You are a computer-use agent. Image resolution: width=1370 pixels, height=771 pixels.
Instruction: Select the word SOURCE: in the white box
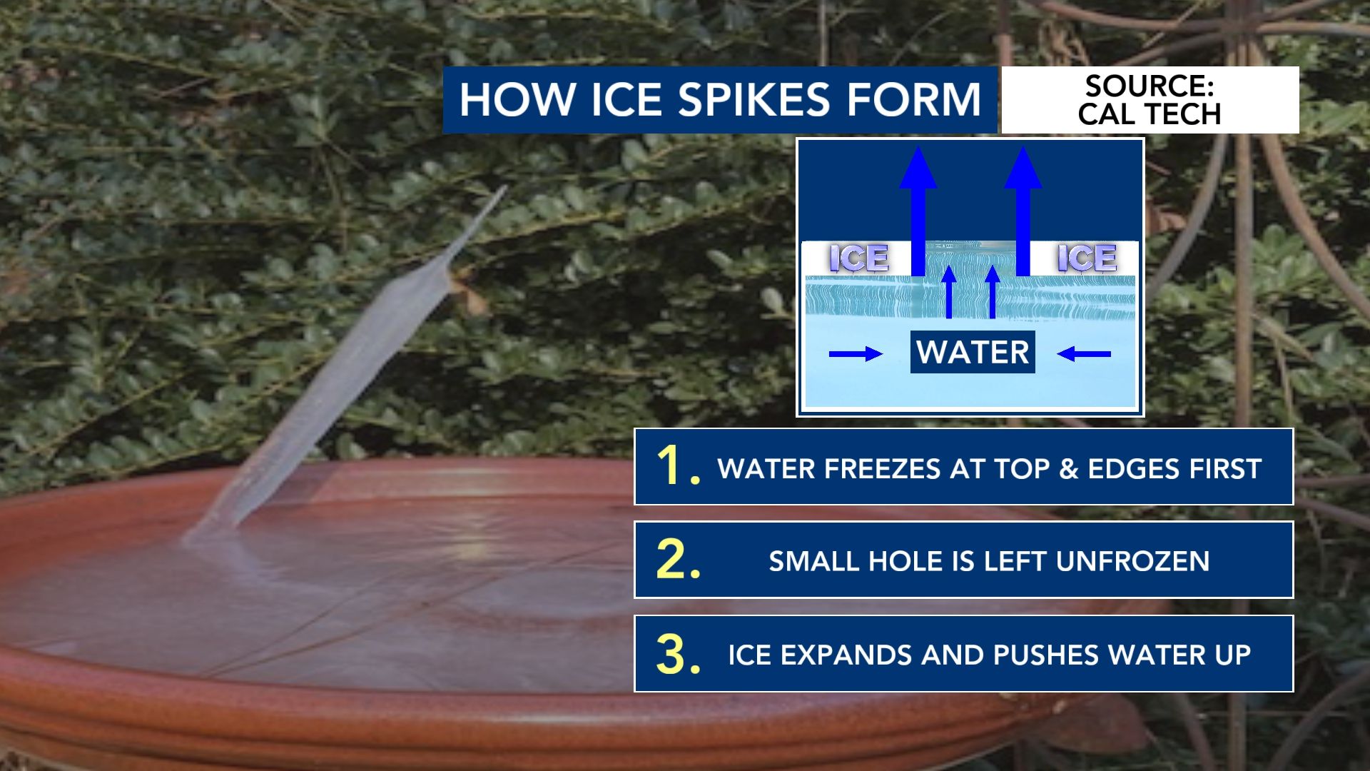(x=1150, y=86)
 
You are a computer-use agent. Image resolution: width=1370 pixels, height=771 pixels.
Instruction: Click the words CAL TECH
(x=1150, y=114)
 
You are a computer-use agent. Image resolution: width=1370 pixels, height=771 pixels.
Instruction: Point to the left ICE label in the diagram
(x=859, y=258)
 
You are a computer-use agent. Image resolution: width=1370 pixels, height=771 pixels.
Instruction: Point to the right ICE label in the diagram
(x=1087, y=258)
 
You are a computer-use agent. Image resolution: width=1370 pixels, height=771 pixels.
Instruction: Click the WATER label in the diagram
(x=973, y=352)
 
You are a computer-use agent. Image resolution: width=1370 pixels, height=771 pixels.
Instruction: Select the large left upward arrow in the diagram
(x=918, y=211)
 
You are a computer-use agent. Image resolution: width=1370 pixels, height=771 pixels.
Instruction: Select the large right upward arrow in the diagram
(x=1023, y=211)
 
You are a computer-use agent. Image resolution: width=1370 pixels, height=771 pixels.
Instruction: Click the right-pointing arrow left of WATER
(x=856, y=353)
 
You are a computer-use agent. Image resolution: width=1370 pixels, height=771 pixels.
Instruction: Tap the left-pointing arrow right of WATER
(x=1084, y=353)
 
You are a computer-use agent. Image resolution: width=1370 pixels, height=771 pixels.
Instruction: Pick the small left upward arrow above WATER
(x=949, y=292)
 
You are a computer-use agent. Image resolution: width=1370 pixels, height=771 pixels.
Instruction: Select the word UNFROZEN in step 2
(x=1133, y=561)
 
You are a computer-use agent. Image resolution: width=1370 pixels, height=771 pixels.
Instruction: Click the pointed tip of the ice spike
(x=505, y=187)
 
